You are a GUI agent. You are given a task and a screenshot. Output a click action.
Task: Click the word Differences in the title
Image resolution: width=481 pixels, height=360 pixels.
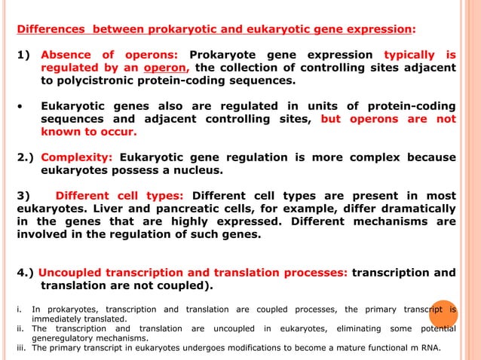pyautogui.click(x=50, y=30)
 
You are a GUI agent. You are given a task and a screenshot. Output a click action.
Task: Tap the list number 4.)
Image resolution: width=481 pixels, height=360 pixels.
pyautogui.click(x=26, y=273)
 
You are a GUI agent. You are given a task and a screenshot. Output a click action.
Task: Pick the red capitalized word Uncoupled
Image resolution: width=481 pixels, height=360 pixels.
pyautogui.click(x=72, y=273)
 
